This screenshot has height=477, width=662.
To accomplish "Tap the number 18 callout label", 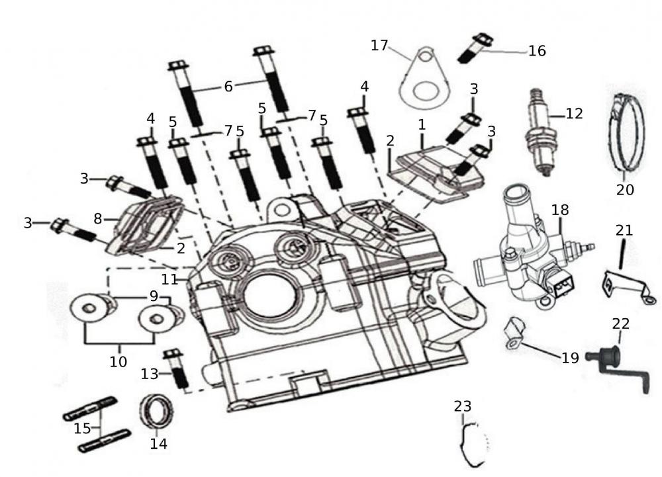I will coord(560,210).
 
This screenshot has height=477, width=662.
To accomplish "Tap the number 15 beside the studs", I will coord(83,428).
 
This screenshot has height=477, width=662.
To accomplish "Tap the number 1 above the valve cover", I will coord(422,124).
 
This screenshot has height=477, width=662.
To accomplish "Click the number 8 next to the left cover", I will coord(98,218).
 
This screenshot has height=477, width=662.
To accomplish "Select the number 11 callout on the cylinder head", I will coord(169,279).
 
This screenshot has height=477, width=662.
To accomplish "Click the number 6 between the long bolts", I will coord(228,86).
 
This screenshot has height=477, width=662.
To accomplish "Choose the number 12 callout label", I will coord(573,113).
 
